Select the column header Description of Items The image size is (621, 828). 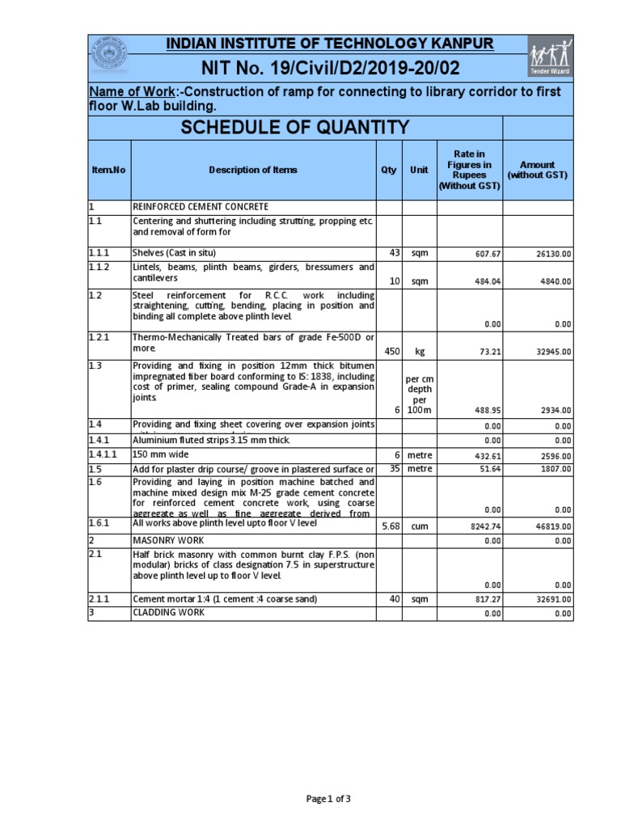pyautogui.click(x=253, y=170)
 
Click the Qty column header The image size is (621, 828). pyautogui.click(x=389, y=170)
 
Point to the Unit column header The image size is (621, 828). pyautogui.click(x=419, y=170)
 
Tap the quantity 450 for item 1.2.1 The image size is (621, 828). pyautogui.click(x=390, y=352)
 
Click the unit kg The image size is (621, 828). pyautogui.click(x=419, y=352)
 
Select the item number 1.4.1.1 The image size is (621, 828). pyautogui.click(x=103, y=454)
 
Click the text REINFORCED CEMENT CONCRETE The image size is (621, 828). pyautogui.click(x=201, y=207)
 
